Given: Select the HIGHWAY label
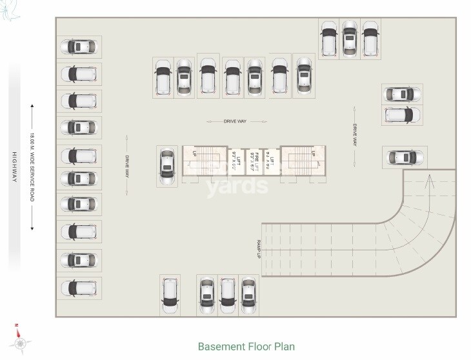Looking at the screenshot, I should coord(12,168).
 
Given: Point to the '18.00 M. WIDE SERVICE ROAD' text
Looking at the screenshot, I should coord(31,167).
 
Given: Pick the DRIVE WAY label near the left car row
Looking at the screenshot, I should coord(128,166).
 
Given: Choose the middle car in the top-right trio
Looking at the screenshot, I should coord(349,38).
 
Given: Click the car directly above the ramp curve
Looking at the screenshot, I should coord(404,157).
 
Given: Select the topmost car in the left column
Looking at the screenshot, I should coord(79,47).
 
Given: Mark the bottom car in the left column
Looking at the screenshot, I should coord(79,286).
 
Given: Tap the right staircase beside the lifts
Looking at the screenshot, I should coord(300,160).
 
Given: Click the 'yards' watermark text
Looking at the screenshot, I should coord(236,186).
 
